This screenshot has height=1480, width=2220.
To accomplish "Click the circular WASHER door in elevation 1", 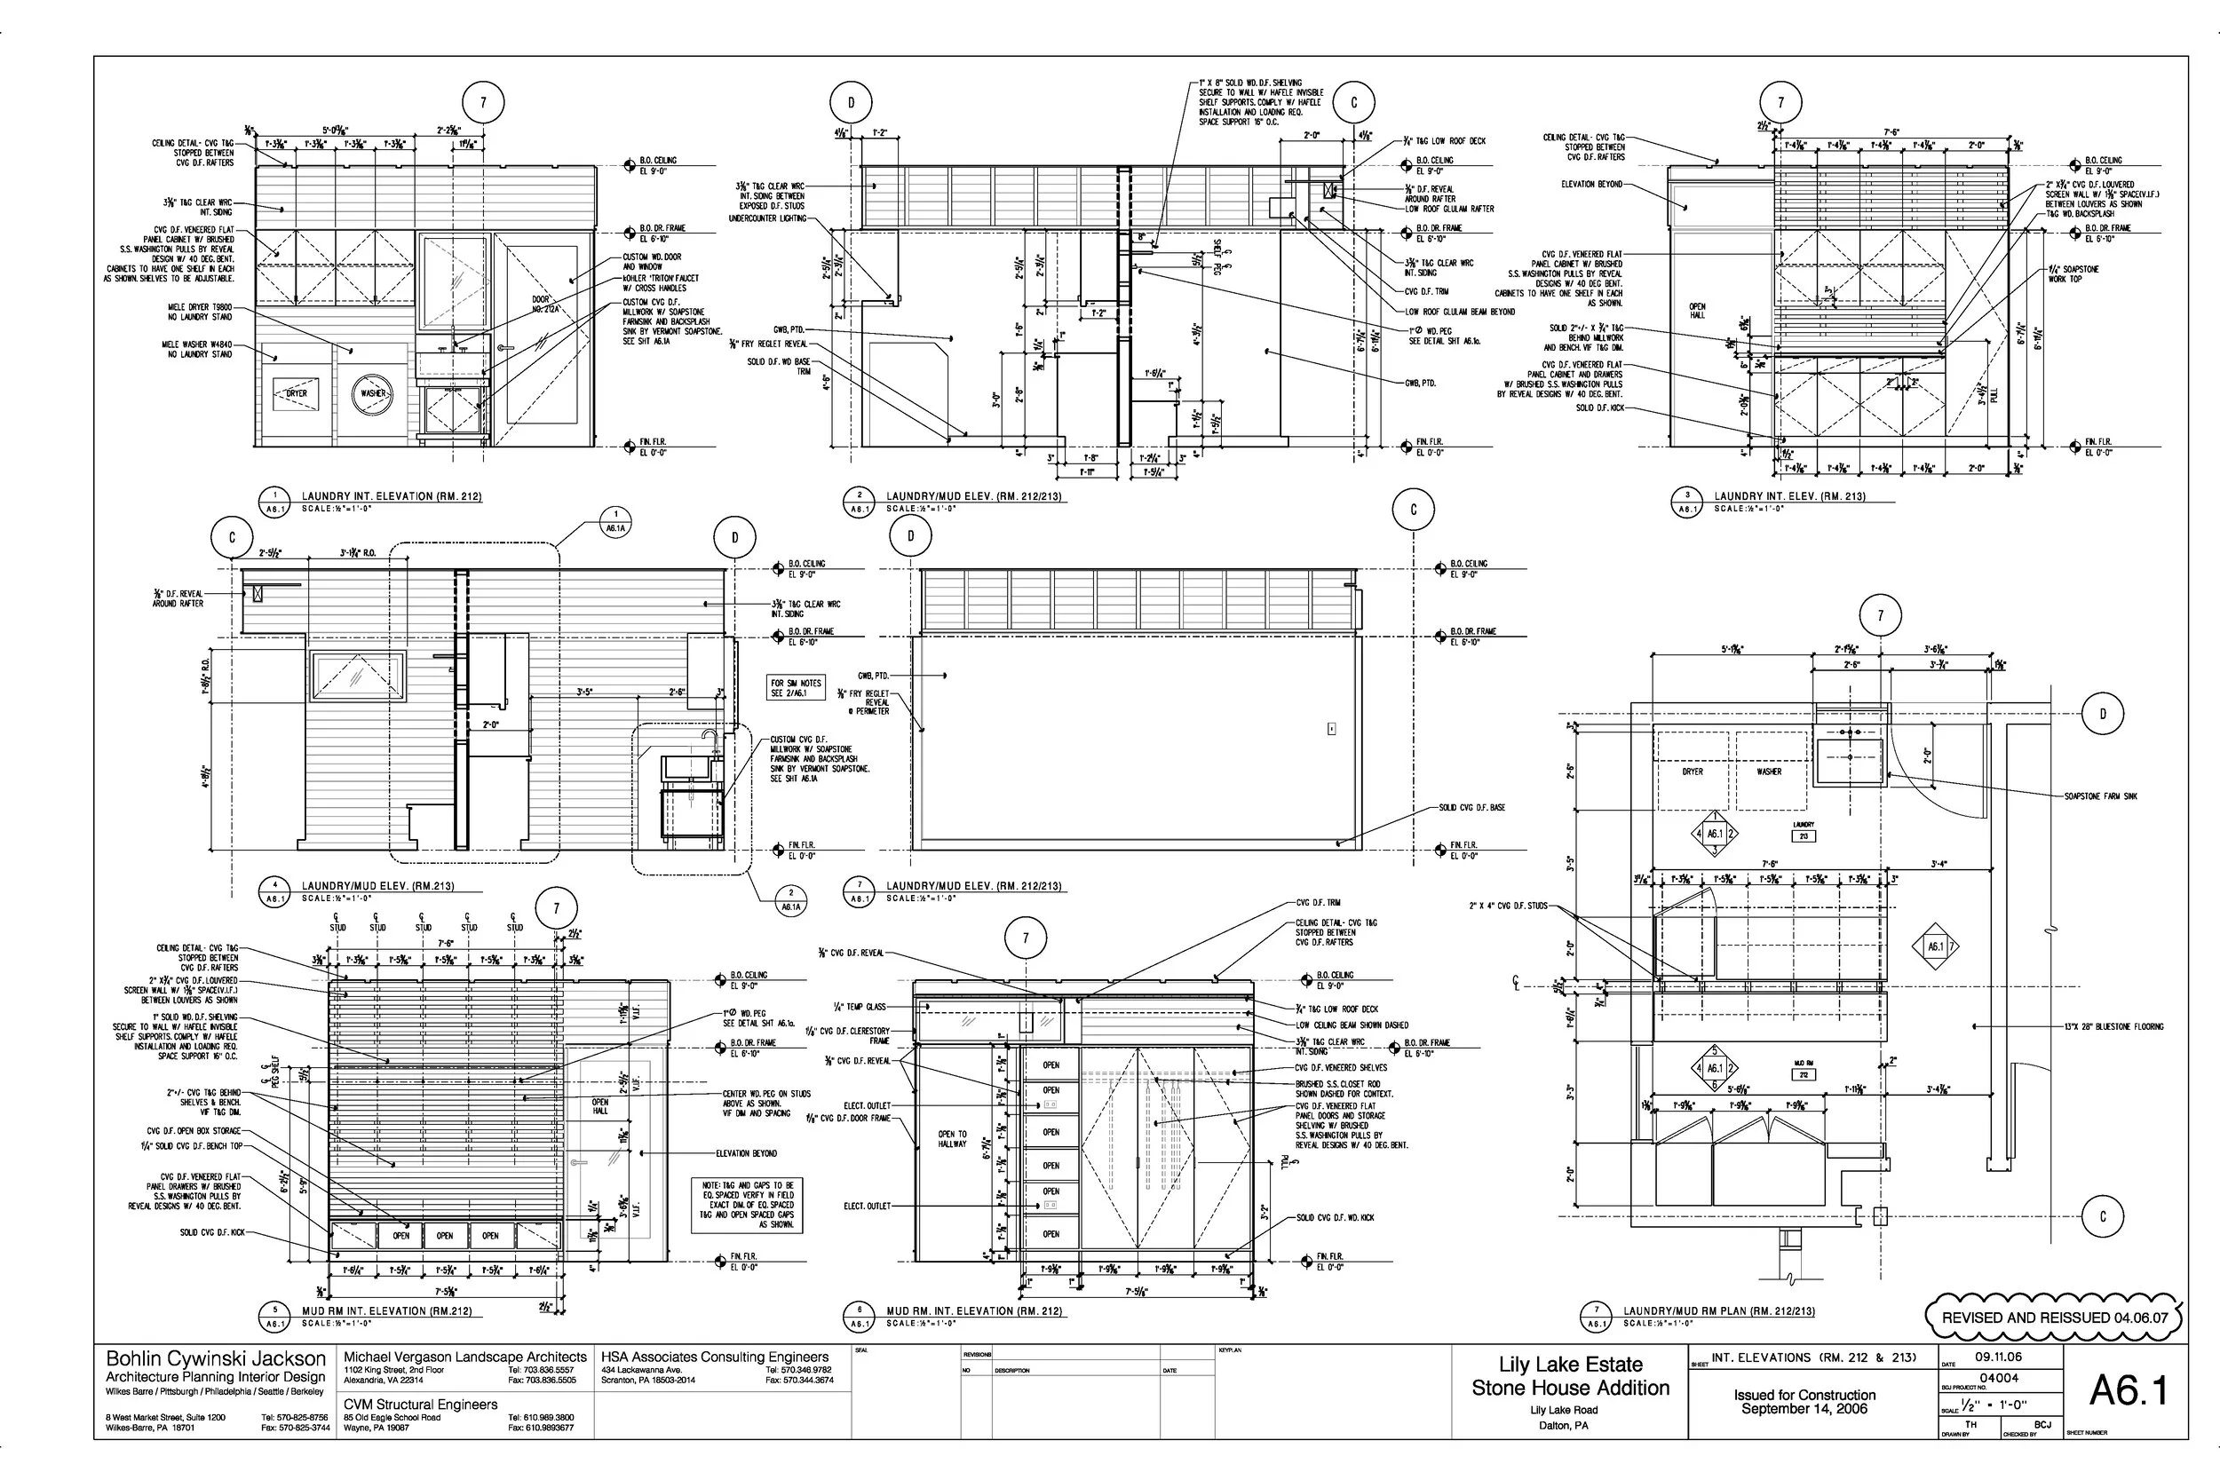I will (372, 393).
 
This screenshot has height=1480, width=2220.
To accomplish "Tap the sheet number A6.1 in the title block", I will (2128, 1389).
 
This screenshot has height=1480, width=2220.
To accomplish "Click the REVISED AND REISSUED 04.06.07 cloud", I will (2054, 1317).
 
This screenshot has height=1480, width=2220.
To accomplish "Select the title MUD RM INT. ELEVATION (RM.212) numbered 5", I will (386, 1311).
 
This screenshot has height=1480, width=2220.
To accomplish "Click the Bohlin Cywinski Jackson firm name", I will (215, 1359).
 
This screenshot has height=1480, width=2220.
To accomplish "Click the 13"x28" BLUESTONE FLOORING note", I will (2113, 1026).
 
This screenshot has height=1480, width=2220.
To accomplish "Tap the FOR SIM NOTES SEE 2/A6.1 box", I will (796, 687).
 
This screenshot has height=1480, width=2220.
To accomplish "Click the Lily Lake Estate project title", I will (1570, 1364).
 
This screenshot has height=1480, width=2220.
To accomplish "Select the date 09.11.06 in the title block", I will (1998, 1357).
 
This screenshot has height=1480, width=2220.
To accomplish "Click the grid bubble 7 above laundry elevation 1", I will (483, 102).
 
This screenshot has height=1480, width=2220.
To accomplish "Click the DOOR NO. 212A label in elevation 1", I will (544, 304).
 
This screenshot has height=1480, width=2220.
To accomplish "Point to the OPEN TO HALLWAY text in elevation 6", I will (951, 1139).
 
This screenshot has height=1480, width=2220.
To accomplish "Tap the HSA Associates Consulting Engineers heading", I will (715, 1357).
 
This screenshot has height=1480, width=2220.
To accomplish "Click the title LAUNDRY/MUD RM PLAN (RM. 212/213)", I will (1718, 1311).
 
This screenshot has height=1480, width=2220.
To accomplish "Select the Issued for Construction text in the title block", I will (1804, 1395).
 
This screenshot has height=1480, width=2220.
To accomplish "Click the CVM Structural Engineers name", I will (420, 1405).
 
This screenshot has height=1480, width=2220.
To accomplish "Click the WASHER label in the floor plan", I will (1769, 772).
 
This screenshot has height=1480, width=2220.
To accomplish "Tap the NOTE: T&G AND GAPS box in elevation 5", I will (747, 1205).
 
